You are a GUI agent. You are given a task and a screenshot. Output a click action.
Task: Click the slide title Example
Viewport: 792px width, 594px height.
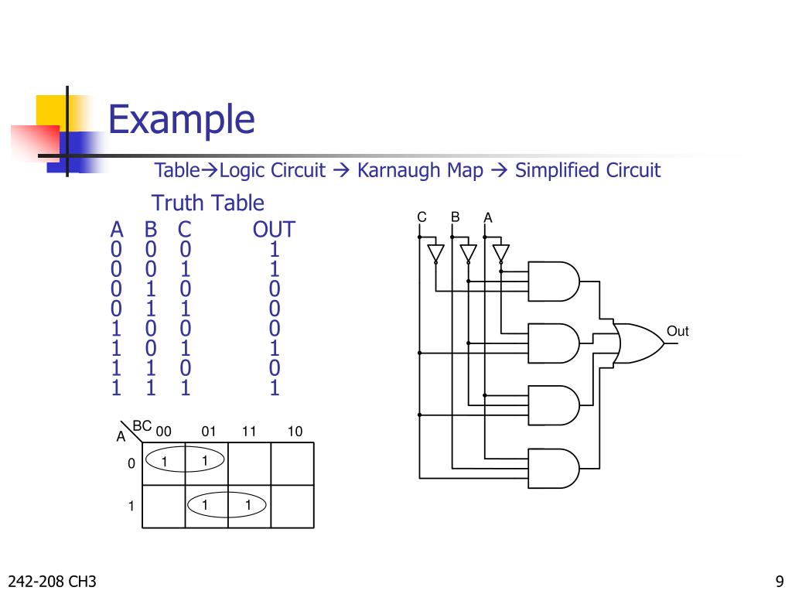pyautogui.click(x=181, y=120)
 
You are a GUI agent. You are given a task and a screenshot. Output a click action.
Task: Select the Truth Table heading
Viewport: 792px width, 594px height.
pyautogui.click(x=207, y=203)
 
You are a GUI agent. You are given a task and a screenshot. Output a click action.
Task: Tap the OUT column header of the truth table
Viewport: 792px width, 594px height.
pyautogui.click(x=273, y=230)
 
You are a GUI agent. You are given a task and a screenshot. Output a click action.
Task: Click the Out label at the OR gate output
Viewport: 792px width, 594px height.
pyautogui.click(x=677, y=332)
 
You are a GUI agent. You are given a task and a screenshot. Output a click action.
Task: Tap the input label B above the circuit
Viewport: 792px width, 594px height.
pyautogui.click(x=456, y=217)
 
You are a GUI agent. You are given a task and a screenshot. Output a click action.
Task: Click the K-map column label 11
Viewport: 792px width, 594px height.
pyautogui.click(x=248, y=432)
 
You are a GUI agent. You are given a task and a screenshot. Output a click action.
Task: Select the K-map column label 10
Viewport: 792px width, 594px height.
pyautogui.click(x=295, y=432)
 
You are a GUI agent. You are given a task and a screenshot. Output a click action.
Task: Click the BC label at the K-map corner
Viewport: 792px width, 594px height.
pyautogui.click(x=142, y=426)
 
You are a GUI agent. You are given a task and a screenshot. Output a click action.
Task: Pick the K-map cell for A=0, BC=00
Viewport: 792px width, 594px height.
pyautogui.click(x=164, y=463)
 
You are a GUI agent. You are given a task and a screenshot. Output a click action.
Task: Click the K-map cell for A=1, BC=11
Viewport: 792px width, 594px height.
pyautogui.click(x=248, y=506)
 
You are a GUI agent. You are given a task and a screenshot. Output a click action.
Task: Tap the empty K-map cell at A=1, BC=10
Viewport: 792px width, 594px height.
pyautogui.click(x=292, y=506)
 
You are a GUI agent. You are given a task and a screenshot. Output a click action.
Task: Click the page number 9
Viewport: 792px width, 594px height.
pyautogui.click(x=778, y=581)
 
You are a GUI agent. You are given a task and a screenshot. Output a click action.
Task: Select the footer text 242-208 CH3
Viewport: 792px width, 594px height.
pyautogui.click(x=53, y=581)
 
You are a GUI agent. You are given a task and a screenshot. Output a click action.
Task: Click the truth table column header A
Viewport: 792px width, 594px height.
pyautogui.click(x=117, y=230)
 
